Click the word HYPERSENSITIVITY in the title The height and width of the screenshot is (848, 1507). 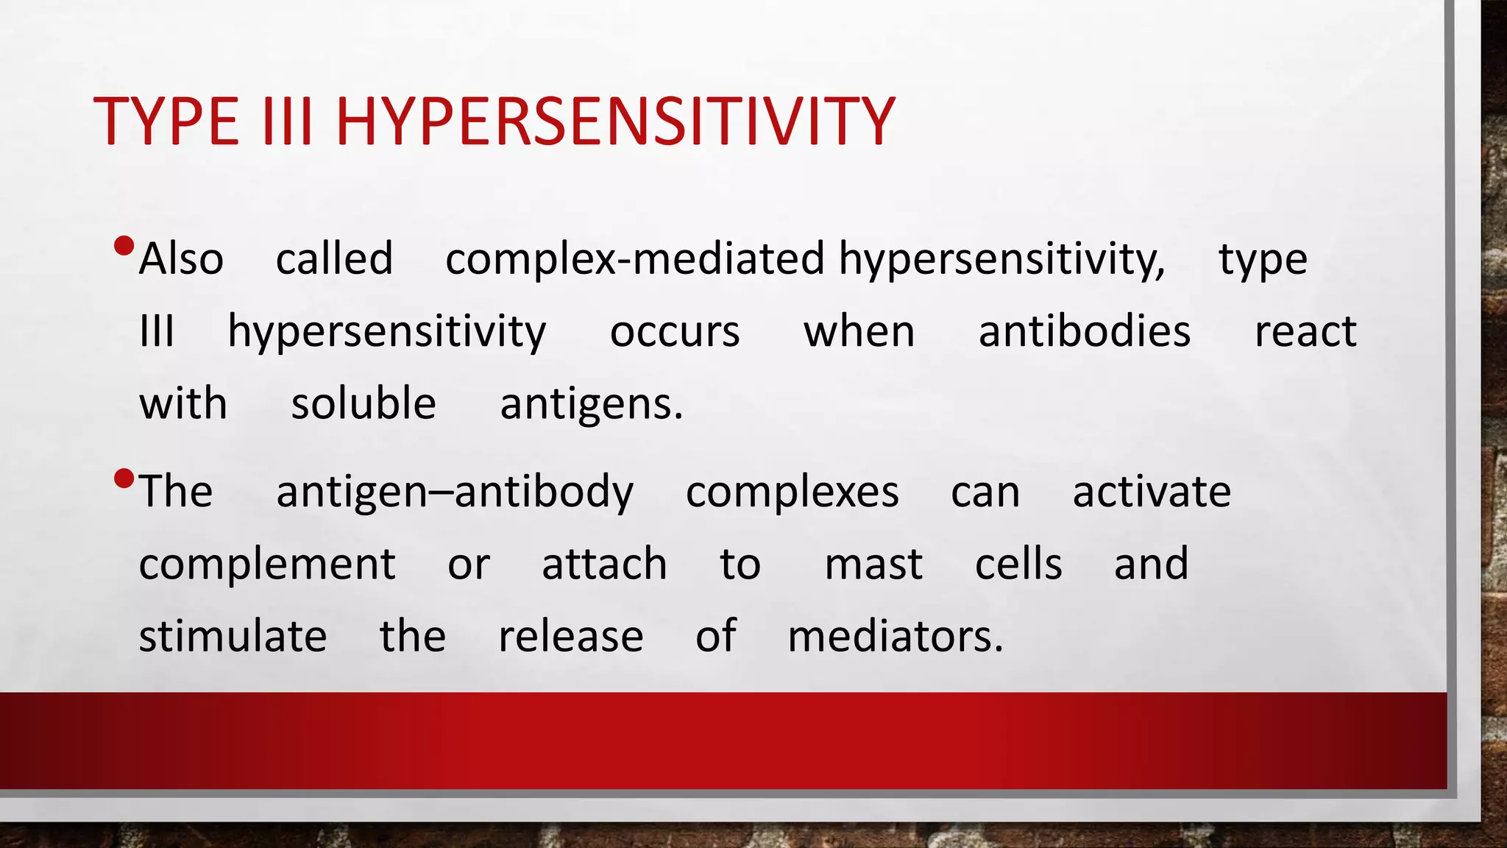[x=614, y=121]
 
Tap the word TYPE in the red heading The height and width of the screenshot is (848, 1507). [x=166, y=121]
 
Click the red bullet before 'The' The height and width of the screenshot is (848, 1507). [x=124, y=480]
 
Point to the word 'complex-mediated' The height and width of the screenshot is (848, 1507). [x=634, y=259]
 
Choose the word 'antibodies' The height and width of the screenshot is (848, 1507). [x=1084, y=331]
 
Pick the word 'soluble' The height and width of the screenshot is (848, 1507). [x=364, y=403]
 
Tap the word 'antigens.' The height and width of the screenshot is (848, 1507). [x=592, y=405]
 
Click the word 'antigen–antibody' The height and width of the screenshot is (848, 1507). [x=454, y=492]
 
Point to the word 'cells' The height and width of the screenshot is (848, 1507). [x=1018, y=565]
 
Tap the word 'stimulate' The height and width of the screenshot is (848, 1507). [x=233, y=636]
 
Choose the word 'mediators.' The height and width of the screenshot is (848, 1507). [x=895, y=636]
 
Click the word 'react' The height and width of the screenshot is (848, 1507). [x=1305, y=331]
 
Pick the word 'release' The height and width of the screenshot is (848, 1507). [x=570, y=637]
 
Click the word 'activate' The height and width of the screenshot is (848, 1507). [x=1151, y=492]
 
